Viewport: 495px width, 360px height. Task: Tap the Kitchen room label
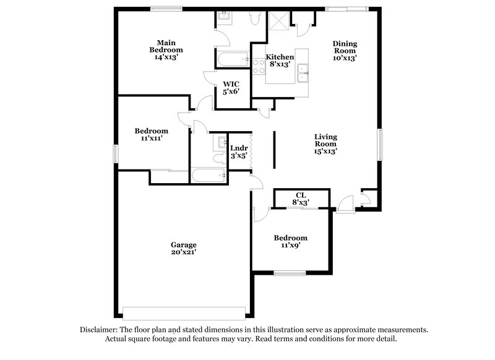tap(280, 57)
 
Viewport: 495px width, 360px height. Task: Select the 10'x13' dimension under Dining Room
tap(345, 58)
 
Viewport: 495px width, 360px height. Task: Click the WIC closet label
tap(231, 84)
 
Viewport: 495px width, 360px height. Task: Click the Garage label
tap(184, 244)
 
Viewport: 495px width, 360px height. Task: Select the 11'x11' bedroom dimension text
tap(152, 139)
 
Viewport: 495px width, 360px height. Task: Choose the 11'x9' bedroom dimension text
tap(291, 246)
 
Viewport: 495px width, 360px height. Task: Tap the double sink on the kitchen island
tap(303, 72)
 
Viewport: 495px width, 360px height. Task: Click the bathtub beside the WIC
tap(233, 59)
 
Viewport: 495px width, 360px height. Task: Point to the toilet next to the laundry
tap(217, 159)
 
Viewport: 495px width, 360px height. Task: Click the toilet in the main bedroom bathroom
tap(254, 19)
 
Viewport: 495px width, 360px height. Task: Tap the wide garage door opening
tap(184, 312)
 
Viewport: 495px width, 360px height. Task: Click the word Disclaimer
tap(99, 330)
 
